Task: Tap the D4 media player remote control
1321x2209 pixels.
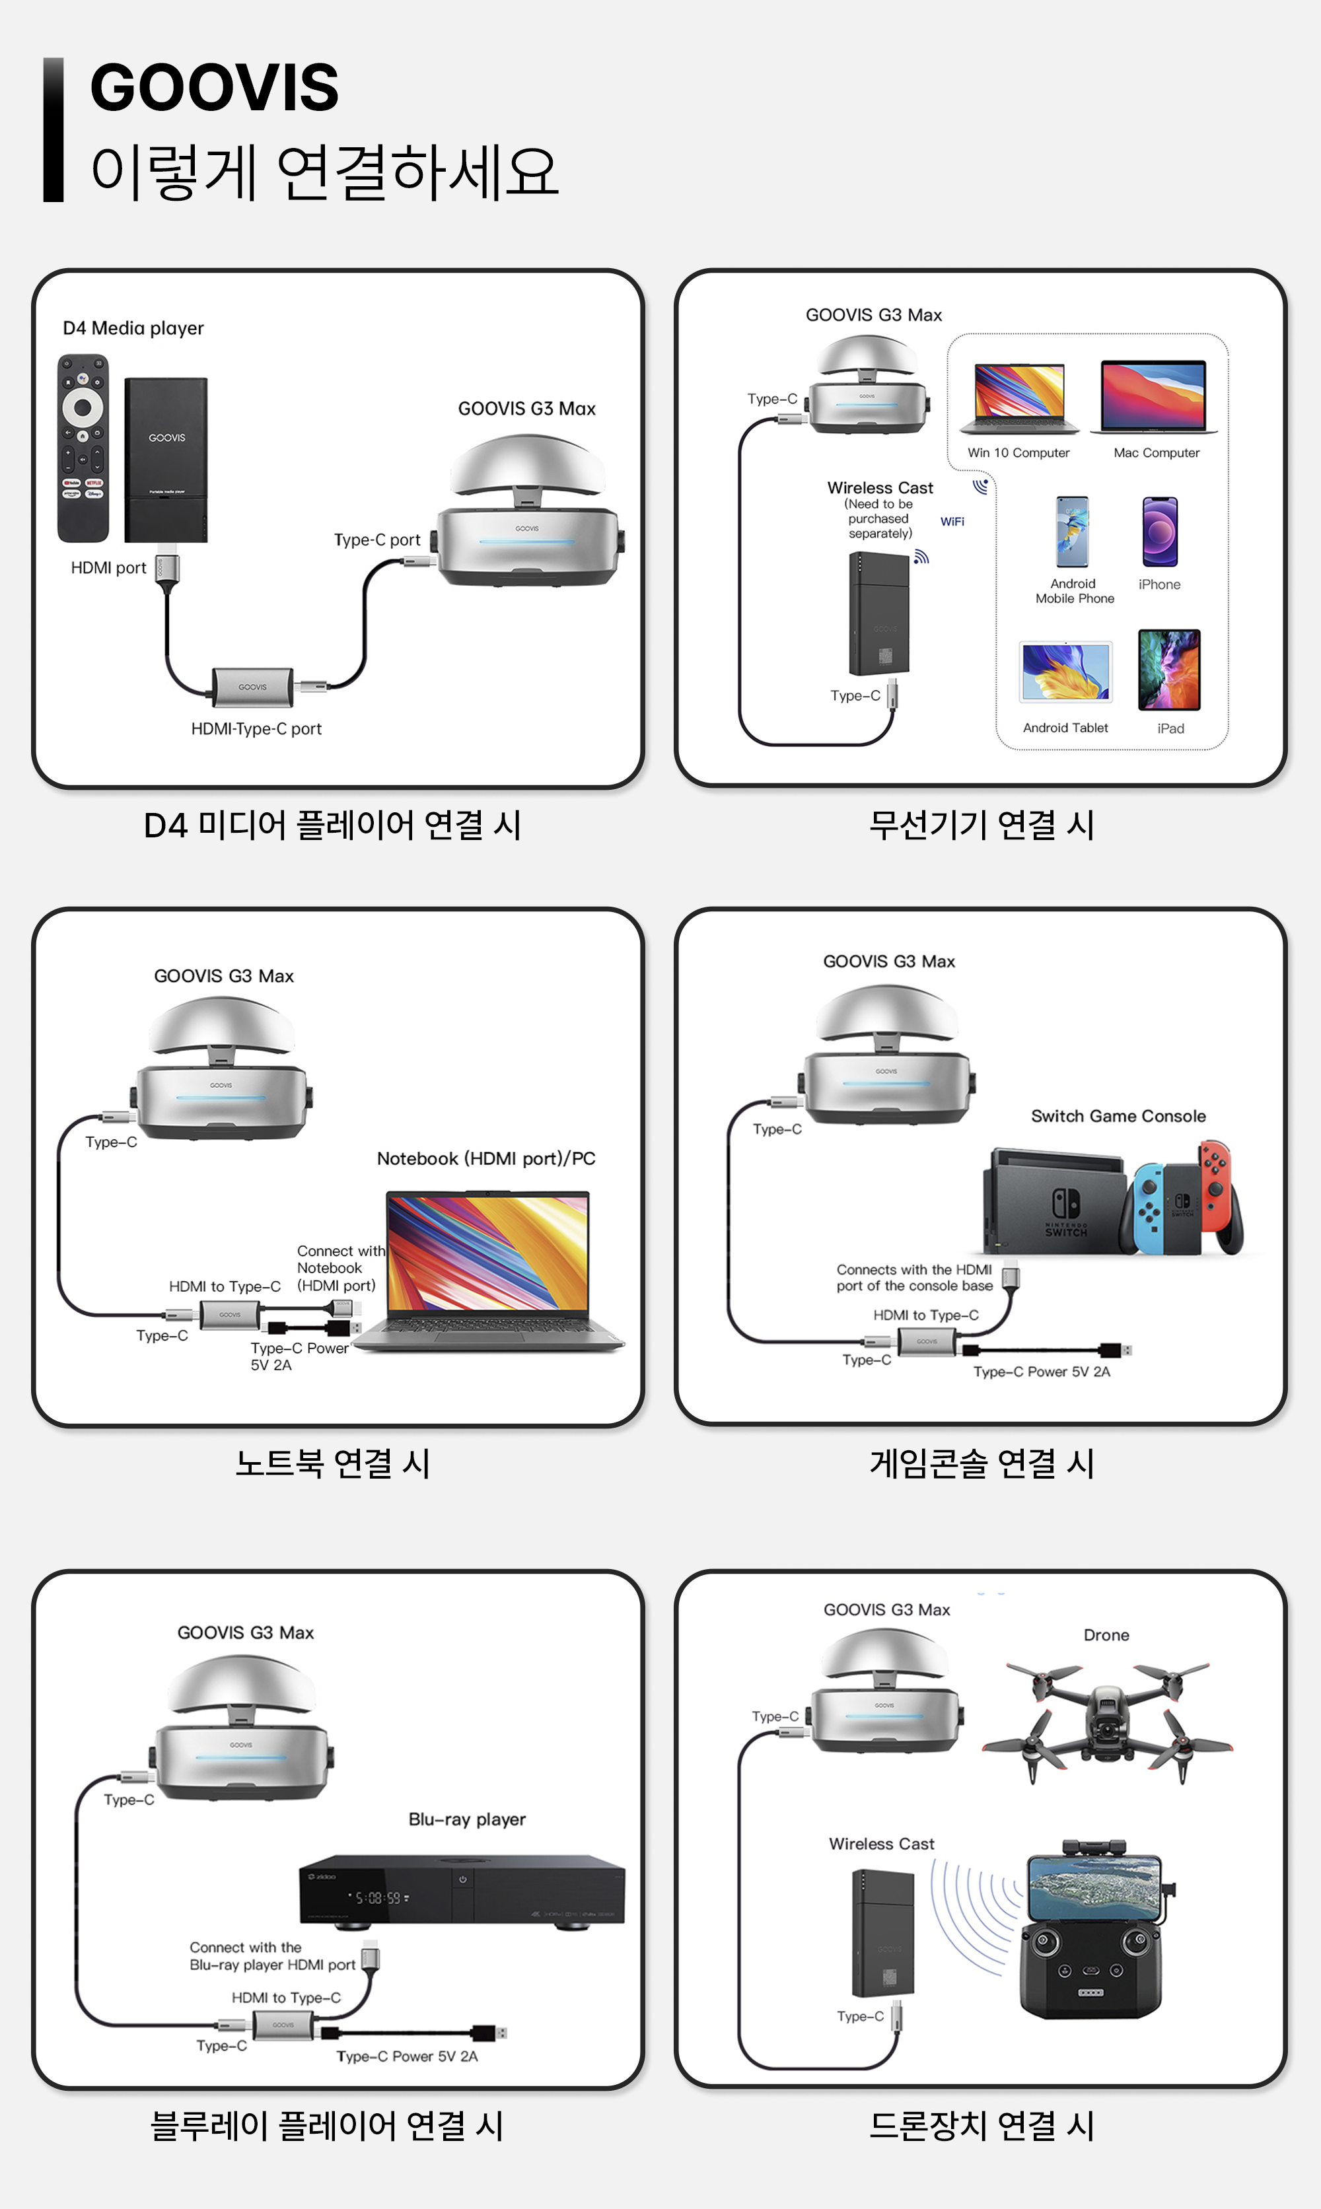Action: point(83,448)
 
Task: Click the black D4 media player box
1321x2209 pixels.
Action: point(166,458)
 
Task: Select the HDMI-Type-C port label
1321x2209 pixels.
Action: point(256,729)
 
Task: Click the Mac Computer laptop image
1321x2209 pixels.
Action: point(1154,397)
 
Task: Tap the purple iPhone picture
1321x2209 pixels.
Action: point(1160,532)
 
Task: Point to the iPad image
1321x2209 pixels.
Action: point(1169,669)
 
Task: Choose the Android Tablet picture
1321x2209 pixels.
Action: point(1065,672)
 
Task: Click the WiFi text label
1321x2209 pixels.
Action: point(952,522)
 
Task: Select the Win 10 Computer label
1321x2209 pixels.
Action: point(1018,453)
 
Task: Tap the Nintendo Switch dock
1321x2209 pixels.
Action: point(1055,1201)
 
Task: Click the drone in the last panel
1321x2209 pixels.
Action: point(1106,1718)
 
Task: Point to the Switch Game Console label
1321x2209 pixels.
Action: point(1118,1116)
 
